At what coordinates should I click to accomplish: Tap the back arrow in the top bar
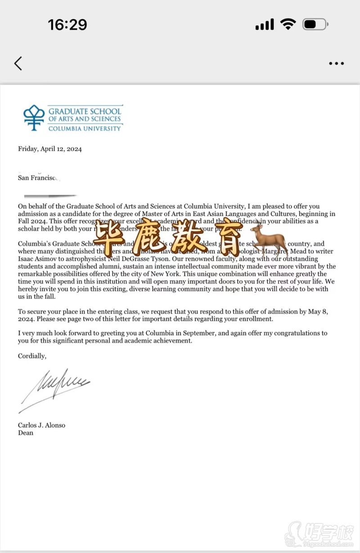coord(18,63)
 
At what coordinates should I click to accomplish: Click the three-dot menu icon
coord(336,63)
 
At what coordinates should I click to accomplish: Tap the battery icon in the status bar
coord(315,24)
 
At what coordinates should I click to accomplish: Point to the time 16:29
coord(67,25)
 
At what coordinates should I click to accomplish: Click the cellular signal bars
coord(265,25)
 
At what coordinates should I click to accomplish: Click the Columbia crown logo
coord(34,118)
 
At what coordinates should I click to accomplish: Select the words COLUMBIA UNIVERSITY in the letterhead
coord(85,128)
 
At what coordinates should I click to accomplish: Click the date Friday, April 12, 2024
coord(50,149)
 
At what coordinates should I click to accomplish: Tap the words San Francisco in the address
coord(38,178)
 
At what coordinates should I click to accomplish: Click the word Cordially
coord(31,356)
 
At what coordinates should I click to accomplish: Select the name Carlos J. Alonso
coord(41,425)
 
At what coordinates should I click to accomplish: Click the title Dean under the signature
coord(26,433)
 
